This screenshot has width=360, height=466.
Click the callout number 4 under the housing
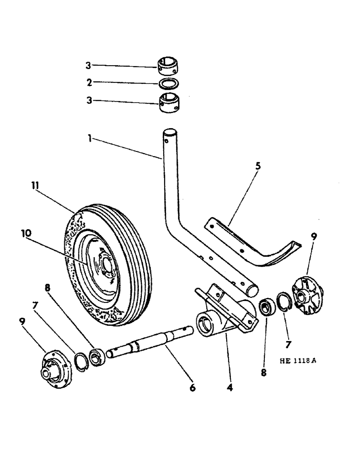point(229,386)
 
